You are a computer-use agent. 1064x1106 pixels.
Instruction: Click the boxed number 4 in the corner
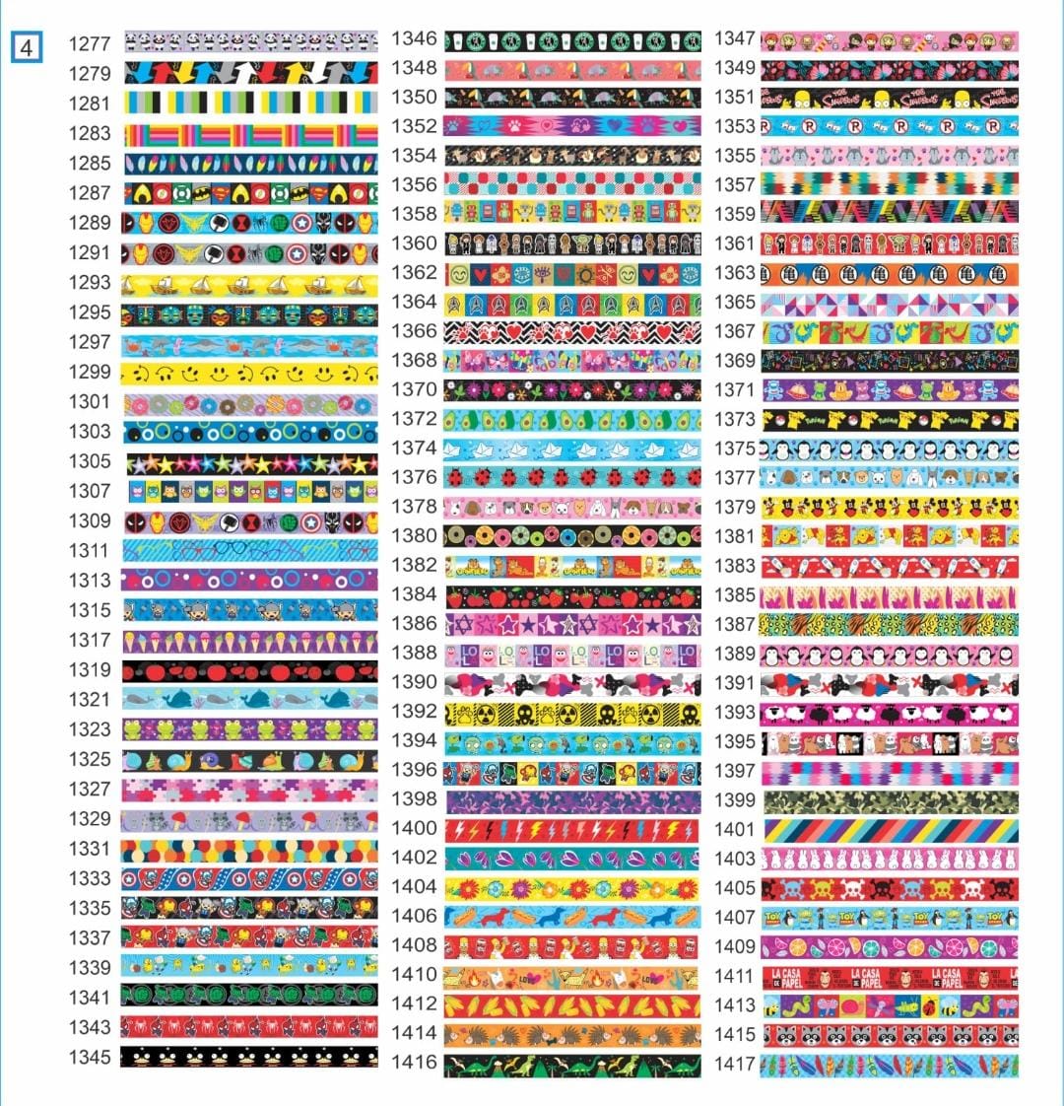pyautogui.click(x=25, y=46)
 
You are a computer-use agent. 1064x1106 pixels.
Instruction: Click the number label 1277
pyautogui.click(x=90, y=44)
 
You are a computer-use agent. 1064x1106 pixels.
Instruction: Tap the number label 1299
pyautogui.click(x=90, y=373)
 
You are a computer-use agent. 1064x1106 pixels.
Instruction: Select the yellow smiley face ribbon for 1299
pyautogui.click(x=250, y=374)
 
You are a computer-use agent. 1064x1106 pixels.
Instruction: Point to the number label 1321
pyautogui.click(x=90, y=699)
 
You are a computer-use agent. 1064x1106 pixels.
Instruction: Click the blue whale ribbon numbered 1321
pyautogui.click(x=250, y=699)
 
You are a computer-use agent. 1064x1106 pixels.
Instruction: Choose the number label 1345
pyautogui.click(x=90, y=1057)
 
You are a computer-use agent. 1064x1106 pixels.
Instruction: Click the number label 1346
pyautogui.click(x=415, y=39)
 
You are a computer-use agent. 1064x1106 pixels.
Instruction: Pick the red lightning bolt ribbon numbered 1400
pyautogui.click(x=572, y=830)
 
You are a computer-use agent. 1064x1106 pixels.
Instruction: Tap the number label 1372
pyautogui.click(x=415, y=419)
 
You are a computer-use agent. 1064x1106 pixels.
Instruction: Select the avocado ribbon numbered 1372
pyautogui.click(x=572, y=420)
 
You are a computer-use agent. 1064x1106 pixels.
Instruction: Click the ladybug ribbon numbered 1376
pyautogui.click(x=572, y=478)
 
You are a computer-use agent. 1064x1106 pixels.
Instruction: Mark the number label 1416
pyautogui.click(x=415, y=1063)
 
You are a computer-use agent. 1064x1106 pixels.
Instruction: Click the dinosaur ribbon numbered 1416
pyautogui.click(x=572, y=1066)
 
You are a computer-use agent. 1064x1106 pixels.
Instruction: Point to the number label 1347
pyautogui.click(x=735, y=39)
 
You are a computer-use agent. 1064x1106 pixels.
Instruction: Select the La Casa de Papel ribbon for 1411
pyautogui.click(x=890, y=977)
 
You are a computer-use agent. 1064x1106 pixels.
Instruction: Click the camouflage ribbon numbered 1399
pyautogui.click(x=890, y=800)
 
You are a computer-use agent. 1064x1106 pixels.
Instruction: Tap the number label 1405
pyautogui.click(x=735, y=888)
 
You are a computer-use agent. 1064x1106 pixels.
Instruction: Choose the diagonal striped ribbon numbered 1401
pyautogui.click(x=890, y=830)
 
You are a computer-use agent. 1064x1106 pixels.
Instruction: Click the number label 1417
pyautogui.click(x=735, y=1065)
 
